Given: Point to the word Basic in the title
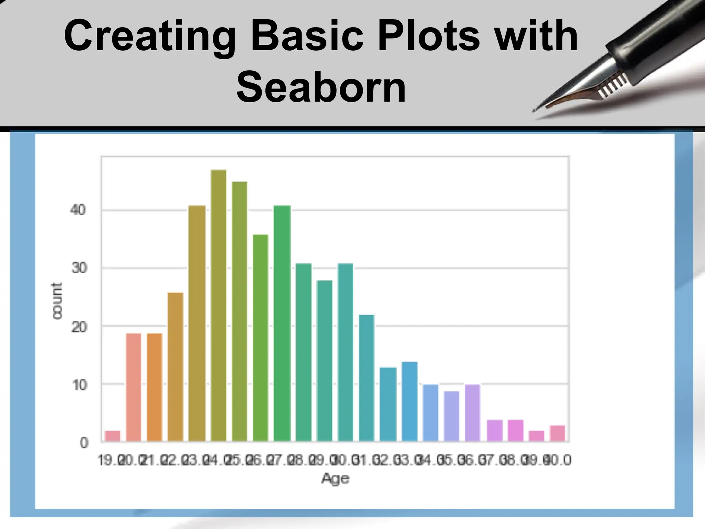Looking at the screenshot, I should tap(307, 35).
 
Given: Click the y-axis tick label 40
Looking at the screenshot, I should tap(77, 210).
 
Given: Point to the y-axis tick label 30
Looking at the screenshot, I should tap(79, 268).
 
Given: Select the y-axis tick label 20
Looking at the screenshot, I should tap(79, 326).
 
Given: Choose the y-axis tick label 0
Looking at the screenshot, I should tap(84, 443).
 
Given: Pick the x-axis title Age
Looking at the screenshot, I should tap(335, 478).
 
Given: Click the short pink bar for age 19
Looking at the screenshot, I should tap(113, 436).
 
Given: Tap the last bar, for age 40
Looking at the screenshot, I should tap(557, 434).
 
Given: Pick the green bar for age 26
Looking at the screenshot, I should tap(260, 338).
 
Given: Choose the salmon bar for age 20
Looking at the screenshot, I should tap(134, 387).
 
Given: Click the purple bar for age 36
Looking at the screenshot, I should tap(472, 413).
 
